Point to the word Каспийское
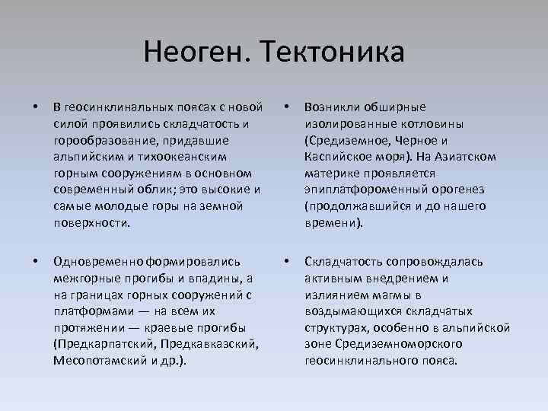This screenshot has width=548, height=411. (336, 156)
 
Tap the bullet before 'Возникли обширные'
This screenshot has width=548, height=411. (287, 107)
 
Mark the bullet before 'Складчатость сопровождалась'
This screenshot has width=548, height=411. (287, 261)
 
